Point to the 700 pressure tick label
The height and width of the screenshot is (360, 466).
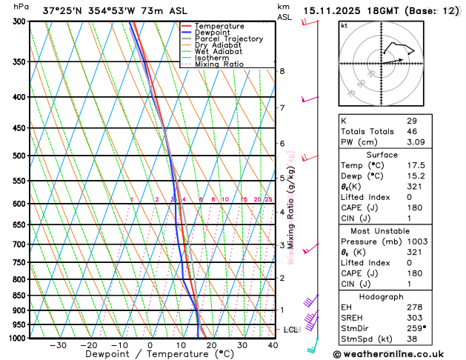pos(16,244)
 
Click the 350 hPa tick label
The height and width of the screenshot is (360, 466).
pos(16,62)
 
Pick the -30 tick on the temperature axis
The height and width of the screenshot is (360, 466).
pos(57,345)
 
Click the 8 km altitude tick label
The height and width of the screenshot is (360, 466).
pos(282,71)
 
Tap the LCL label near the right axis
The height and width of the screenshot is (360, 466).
pos(291,329)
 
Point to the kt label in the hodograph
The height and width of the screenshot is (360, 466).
pos(344,25)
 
